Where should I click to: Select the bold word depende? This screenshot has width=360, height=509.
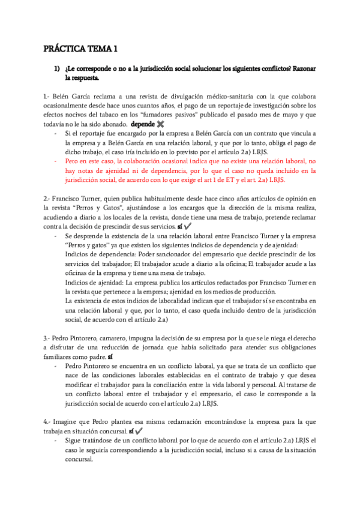tap(142, 124)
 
